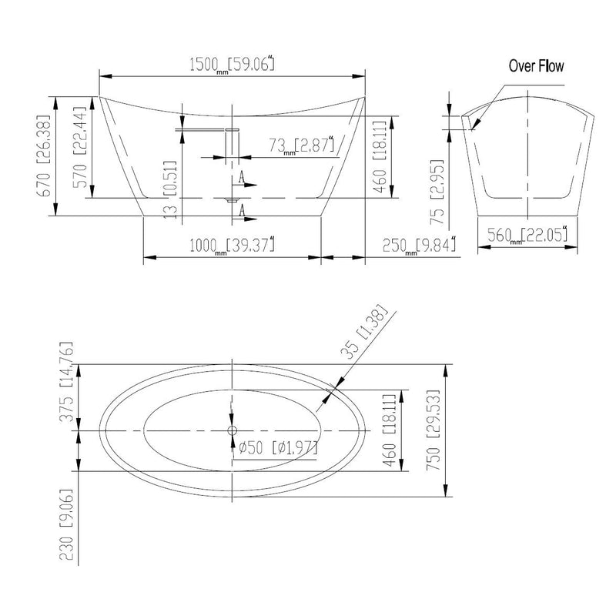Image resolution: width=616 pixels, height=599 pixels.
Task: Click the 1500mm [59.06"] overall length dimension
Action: [x=232, y=65]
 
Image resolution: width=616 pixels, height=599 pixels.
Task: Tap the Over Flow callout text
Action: [x=536, y=66]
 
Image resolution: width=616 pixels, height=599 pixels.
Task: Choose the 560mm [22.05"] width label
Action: [x=527, y=236]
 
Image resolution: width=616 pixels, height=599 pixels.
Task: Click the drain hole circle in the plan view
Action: [x=232, y=430]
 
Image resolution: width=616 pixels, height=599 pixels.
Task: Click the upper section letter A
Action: [x=243, y=178]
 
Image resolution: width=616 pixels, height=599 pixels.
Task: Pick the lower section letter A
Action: [x=243, y=209]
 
